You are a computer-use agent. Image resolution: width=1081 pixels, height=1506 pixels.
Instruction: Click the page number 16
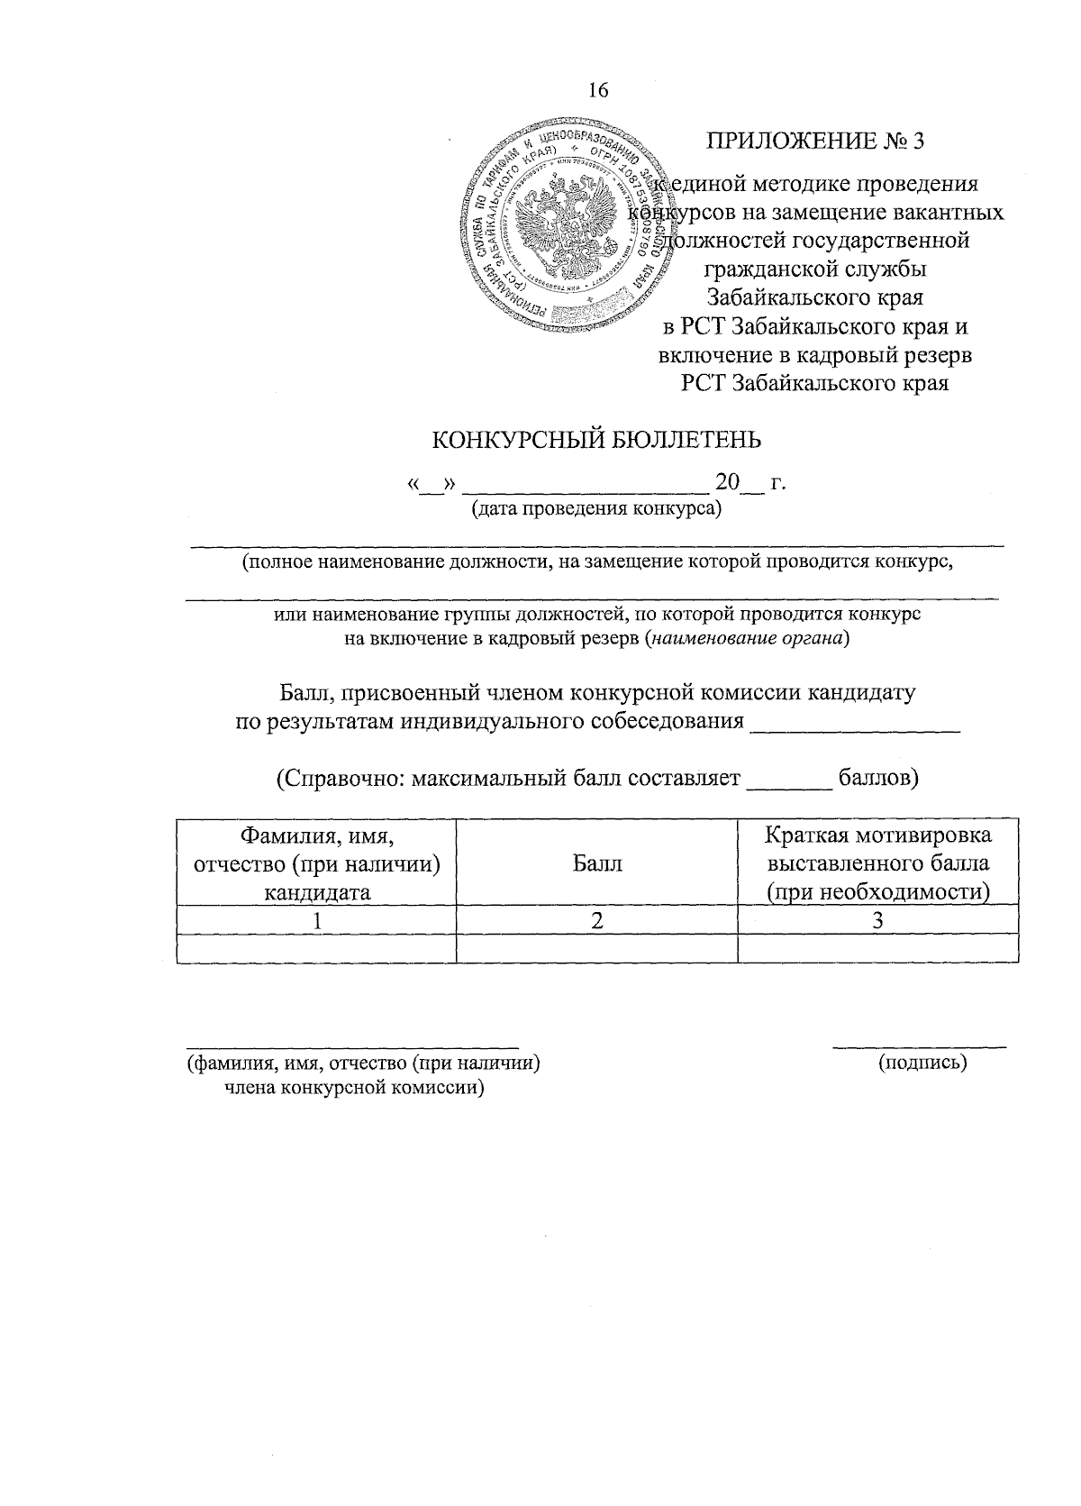(x=597, y=89)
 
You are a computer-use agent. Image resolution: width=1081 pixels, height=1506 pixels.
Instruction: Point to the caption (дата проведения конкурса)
(x=597, y=509)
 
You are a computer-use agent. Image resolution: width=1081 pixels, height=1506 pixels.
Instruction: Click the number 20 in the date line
(x=726, y=482)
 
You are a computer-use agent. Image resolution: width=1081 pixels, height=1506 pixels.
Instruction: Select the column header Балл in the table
(x=596, y=863)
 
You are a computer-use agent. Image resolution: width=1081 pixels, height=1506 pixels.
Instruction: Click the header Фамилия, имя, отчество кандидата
(x=317, y=863)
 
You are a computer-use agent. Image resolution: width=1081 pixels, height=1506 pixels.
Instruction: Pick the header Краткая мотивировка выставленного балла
(x=877, y=863)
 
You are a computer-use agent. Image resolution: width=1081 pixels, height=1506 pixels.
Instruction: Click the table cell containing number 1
(x=317, y=920)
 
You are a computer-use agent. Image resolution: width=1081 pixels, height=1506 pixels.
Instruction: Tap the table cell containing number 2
(x=596, y=920)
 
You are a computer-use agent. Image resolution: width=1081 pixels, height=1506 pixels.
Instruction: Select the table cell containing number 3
(x=877, y=920)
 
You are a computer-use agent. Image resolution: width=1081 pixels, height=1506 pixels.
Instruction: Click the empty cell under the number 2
(x=596, y=948)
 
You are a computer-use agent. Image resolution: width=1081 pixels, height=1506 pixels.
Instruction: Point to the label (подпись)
(x=922, y=1063)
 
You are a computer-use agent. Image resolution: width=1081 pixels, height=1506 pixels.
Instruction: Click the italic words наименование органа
(x=748, y=639)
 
